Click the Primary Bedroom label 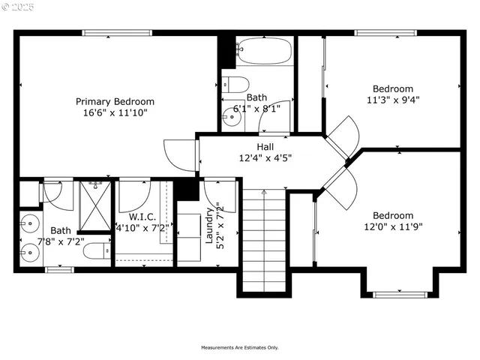click(x=115, y=102)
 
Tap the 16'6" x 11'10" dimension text click(x=115, y=113)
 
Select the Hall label click(x=265, y=147)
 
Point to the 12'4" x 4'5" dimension click(x=265, y=158)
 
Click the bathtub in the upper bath click(x=262, y=52)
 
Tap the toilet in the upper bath click(x=235, y=84)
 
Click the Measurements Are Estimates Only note click(x=239, y=347)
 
